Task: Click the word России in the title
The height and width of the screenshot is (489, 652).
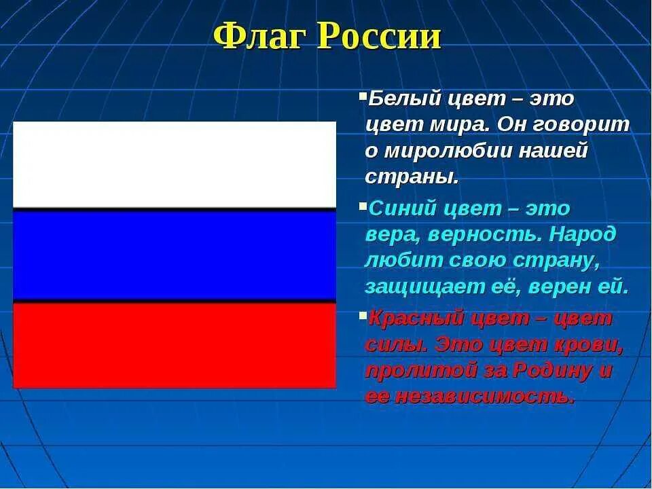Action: click(x=379, y=36)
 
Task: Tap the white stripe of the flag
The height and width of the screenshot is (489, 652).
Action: click(x=175, y=164)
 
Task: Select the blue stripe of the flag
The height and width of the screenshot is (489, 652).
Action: click(x=175, y=255)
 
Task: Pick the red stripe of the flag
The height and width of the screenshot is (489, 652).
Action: click(x=175, y=345)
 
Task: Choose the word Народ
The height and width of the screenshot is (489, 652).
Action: click(x=582, y=235)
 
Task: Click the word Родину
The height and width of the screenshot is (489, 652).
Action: click(x=551, y=371)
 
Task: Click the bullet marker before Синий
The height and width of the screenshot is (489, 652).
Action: click(x=363, y=205)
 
